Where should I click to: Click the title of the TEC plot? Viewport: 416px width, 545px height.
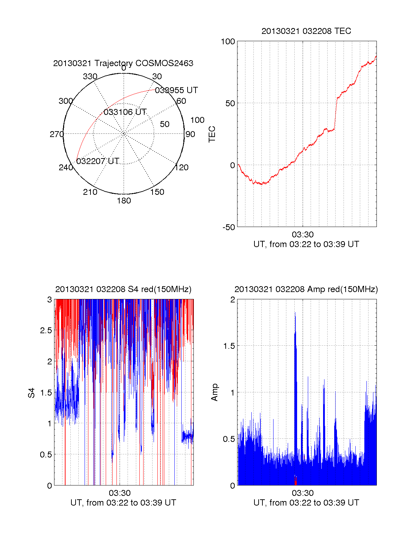click(306, 31)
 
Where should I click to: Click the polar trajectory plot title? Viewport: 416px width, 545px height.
click(123, 63)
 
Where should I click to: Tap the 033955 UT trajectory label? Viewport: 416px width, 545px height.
click(176, 90)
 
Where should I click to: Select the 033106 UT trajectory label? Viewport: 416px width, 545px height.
click(125, 112)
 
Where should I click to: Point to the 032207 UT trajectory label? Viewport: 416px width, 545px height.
click(97, 161)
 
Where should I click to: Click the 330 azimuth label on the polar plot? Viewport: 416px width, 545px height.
click(90, 76)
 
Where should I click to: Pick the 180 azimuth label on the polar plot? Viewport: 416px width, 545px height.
click(124, 201)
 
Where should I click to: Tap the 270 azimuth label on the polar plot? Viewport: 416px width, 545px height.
click(57, 134)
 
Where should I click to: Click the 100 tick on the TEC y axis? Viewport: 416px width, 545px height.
click(228, 42)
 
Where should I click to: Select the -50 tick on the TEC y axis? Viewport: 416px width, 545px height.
click(228, 227)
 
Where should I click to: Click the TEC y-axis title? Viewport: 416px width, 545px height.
click(212, 134)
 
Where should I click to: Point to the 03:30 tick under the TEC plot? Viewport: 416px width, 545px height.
click(303, 235)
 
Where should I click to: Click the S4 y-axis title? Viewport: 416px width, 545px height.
click(32, 393)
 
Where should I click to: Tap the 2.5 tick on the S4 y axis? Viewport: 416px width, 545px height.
click(46, 330)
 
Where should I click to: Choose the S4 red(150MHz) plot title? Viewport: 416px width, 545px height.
click(123, 289)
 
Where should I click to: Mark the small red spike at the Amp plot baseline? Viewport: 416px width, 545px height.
click(295, 481)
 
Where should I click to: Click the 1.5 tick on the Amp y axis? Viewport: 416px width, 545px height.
click(229, 346)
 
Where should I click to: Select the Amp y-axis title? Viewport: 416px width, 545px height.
click(215, 392)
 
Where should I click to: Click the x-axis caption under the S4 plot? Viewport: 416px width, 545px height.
click(123, 503)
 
